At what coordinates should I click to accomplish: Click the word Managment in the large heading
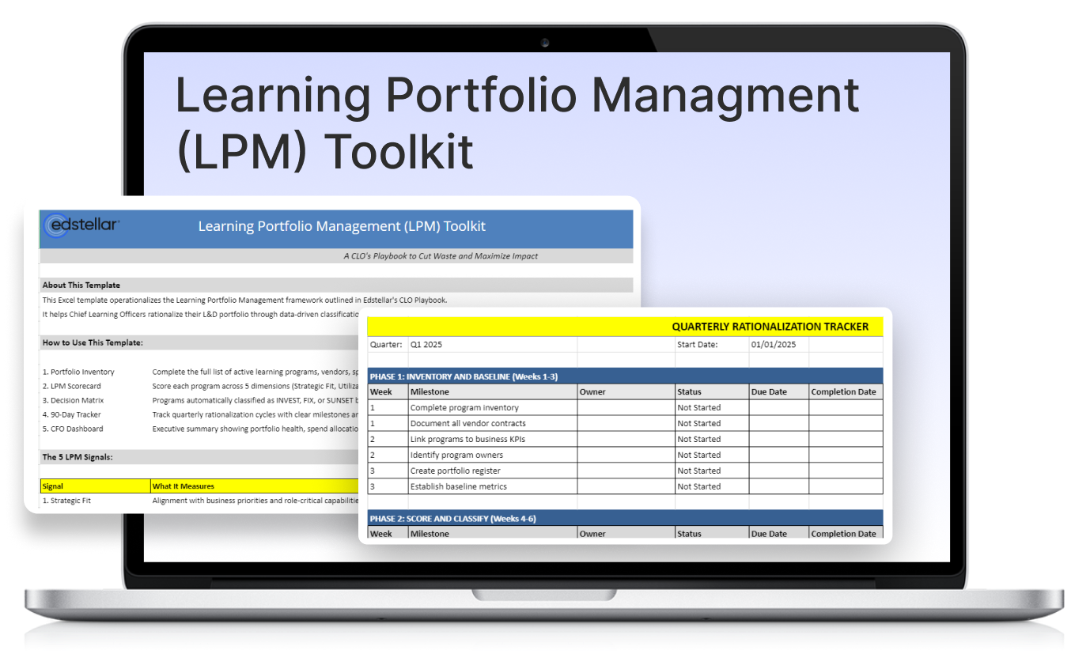click(725, 95)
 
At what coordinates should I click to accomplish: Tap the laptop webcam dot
click(545, 42)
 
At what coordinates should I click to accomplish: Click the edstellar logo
click(81, 225)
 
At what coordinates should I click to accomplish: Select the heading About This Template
click(81, 285)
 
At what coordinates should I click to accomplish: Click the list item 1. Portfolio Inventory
click(78, 372)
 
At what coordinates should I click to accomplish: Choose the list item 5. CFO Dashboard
click(73, 429)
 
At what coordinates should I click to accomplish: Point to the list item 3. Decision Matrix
click(73, 400)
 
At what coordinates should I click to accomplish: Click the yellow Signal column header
click(53, 486)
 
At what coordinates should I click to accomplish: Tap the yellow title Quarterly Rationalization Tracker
click(770, 327)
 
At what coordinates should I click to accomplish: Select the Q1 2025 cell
click(427, 345)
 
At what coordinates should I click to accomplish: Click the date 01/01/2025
click(774, 345)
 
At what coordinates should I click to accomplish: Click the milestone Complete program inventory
click(464, 408)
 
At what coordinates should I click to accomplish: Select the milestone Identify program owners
click(456, 456)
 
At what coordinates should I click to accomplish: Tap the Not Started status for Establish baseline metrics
click(698, 486)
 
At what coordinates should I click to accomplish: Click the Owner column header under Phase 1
click(592, 391)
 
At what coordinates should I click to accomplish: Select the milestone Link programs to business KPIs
click(468, 440)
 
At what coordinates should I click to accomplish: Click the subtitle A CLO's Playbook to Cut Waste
click(441, 256)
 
